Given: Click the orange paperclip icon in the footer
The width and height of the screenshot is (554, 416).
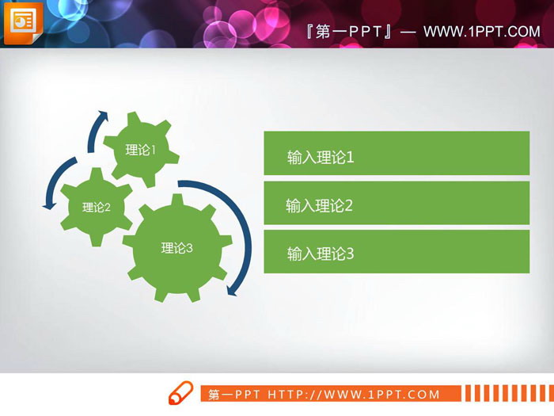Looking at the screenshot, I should click(180, 393).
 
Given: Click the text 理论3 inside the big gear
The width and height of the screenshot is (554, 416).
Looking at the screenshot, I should click(177, 248).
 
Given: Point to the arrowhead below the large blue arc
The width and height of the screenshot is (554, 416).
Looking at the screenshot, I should click(232, 289).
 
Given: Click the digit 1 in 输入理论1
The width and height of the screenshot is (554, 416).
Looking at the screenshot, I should click(350, 158).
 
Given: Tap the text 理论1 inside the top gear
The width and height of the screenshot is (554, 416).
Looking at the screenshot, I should click(141, 150).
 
